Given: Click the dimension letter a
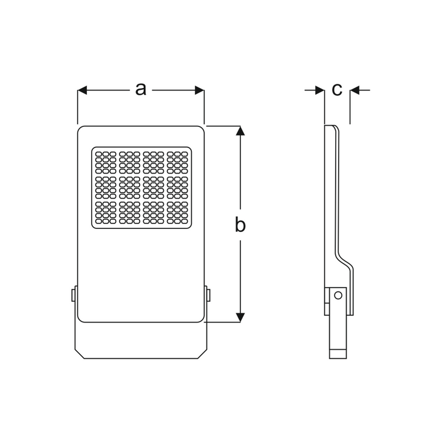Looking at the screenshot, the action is tap(141, 89).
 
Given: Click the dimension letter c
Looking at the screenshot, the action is tap(337, 90).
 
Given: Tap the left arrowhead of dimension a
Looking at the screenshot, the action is tap(82, 90).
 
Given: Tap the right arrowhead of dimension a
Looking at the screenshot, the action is tap(200, 90).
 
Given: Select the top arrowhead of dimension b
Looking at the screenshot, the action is tap(240, 131).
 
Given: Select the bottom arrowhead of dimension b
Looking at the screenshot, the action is tap(240, 318).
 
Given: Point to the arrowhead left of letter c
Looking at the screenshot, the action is tap(320, 90).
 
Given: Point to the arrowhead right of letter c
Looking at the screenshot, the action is tap(355, 90).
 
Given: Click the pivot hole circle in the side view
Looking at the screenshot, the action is tap(338, 296).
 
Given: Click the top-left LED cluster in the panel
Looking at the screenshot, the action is tap(106, 163).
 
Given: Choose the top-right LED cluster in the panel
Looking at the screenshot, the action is tap(177, 163).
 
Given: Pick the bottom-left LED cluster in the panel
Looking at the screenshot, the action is tap(106, 212).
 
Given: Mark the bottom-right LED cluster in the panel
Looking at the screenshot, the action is tap(177, 212).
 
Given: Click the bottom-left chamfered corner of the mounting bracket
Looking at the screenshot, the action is tap(80, 354).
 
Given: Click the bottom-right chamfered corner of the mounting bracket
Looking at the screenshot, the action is tap(202, 354).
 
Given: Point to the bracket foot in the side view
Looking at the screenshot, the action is tap(338, 354).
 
